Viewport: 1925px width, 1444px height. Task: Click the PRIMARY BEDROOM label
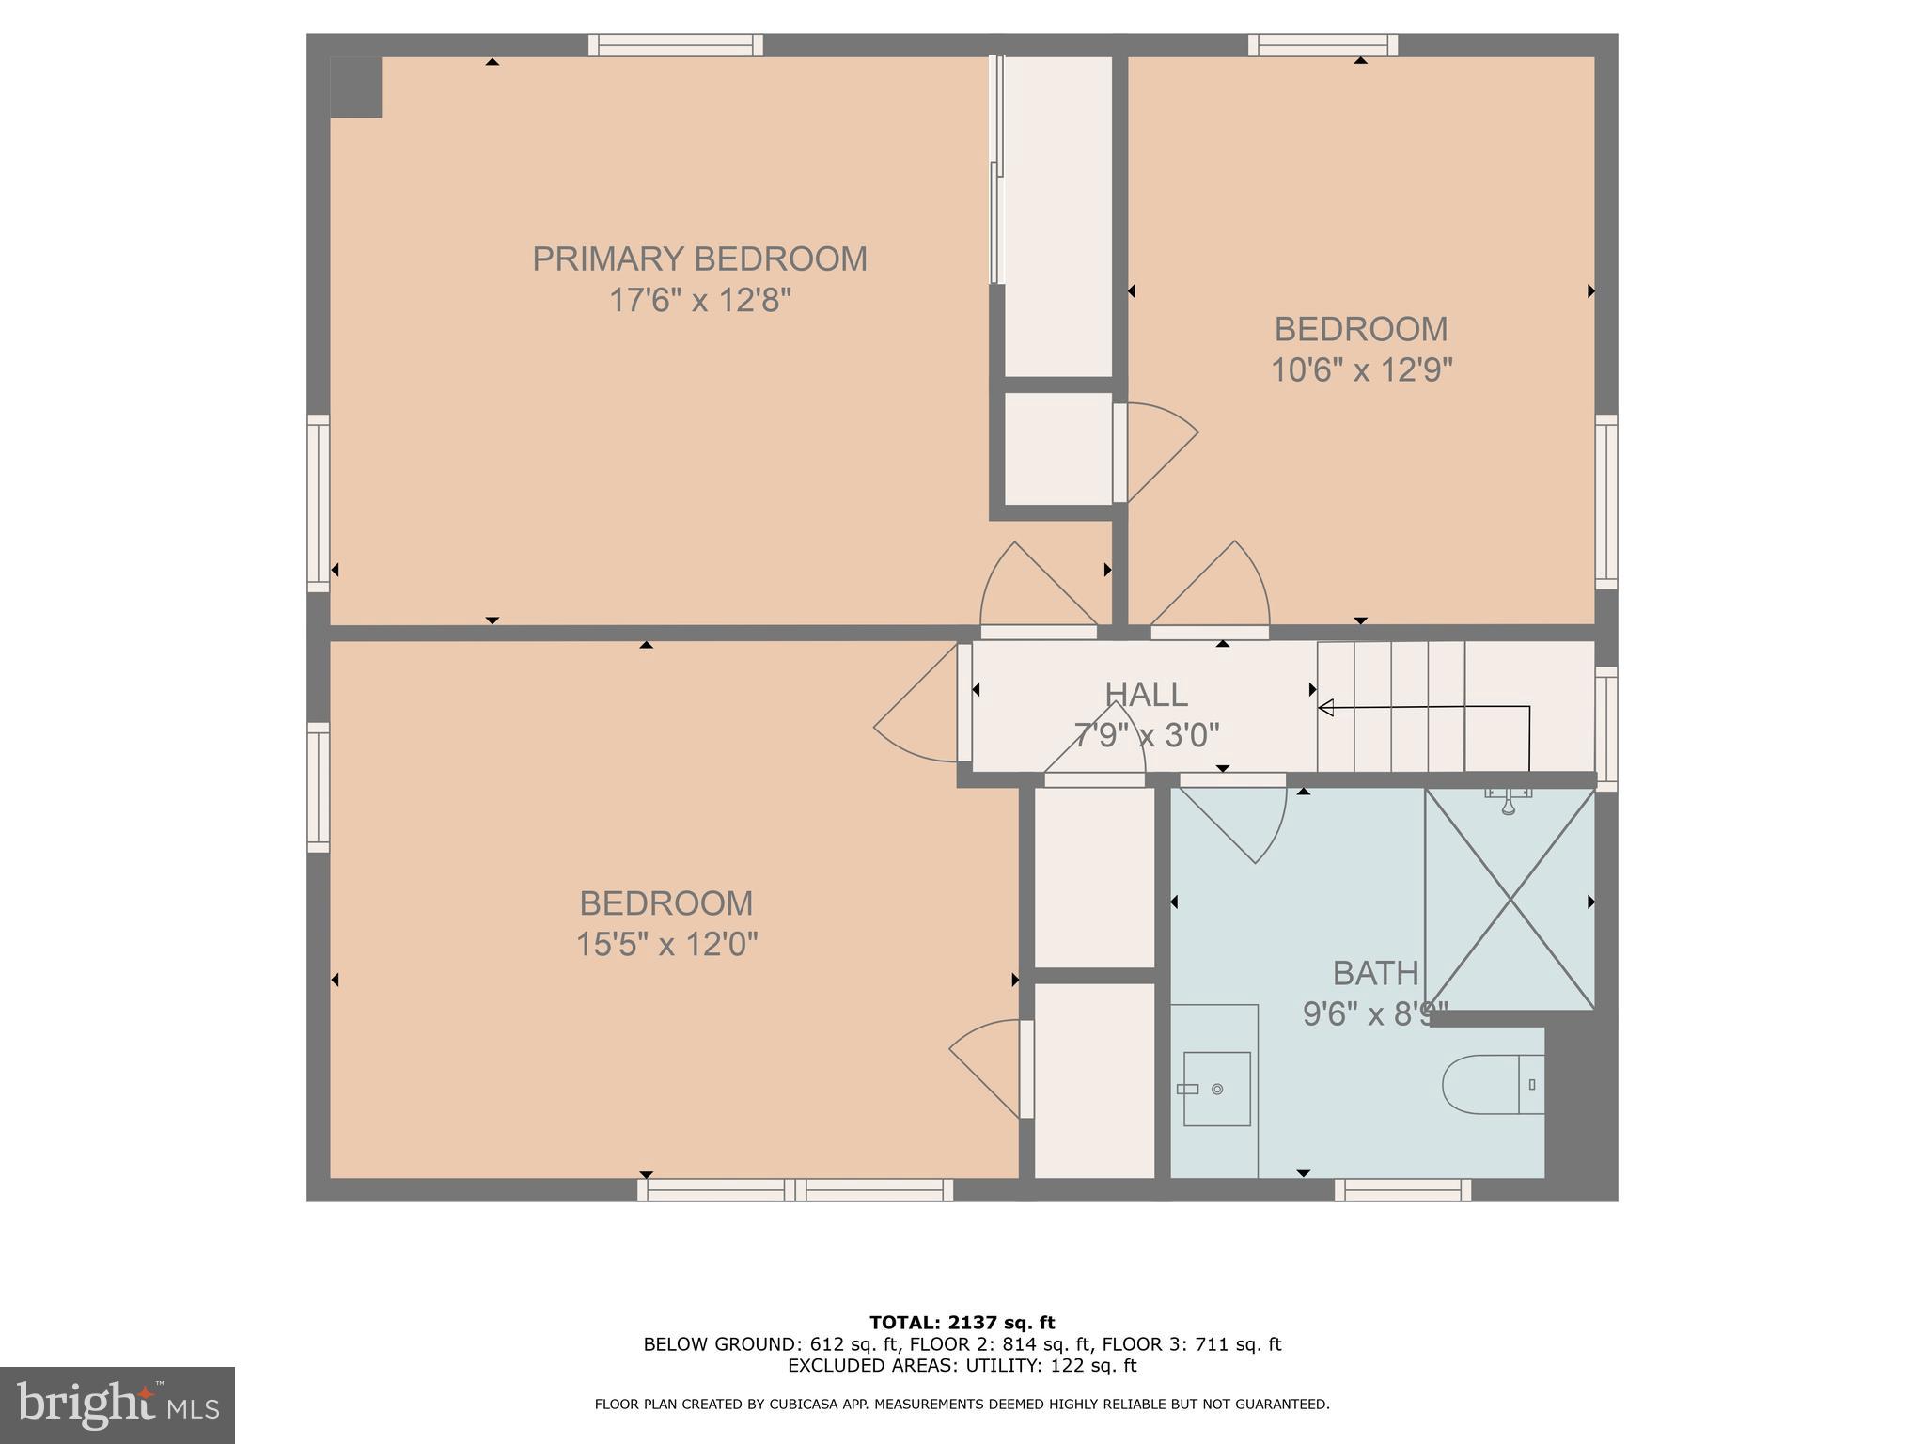(699, 259)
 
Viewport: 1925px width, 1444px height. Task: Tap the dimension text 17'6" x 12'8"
(699, 301)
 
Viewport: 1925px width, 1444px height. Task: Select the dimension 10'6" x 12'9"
(1361, 370)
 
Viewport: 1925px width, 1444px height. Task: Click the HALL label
(1146, 695)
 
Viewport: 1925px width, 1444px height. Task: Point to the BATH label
(1375, 973)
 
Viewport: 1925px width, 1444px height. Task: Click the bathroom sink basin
(1216, 1089)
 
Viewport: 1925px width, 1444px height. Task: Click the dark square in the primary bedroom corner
(356, 87)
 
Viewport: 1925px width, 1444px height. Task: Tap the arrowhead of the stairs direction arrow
(1326, 708)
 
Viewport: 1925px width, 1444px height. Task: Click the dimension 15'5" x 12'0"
(666, 944)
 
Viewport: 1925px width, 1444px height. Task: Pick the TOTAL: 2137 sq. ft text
(962, 1323)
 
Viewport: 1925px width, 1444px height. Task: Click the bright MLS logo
(117, 1405)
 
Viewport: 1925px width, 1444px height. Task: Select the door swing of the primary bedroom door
(1034, 588)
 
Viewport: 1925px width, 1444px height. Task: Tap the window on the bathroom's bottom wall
(1402, 1190)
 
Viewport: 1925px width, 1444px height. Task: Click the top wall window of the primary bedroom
(676, 45)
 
